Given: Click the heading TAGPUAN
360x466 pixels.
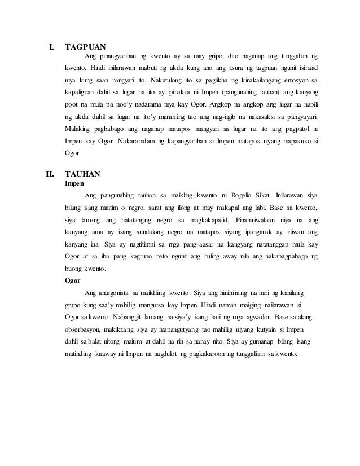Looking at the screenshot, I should [x=85, y=46].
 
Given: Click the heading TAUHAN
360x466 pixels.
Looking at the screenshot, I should [x=83, y=174].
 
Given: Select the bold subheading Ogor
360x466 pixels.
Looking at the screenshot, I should [x=73, y=279].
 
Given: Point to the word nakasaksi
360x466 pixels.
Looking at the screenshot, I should [x=254, y=117].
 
